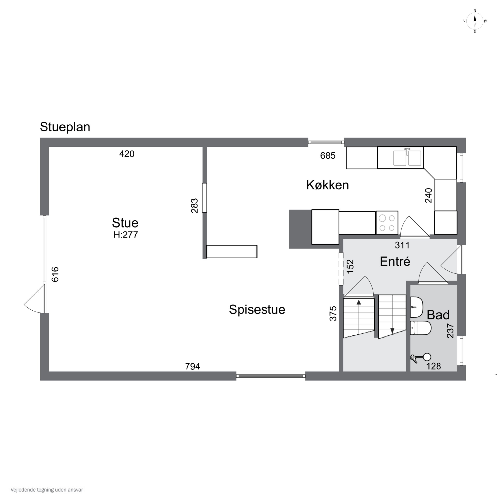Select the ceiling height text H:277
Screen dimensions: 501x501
(126, 235)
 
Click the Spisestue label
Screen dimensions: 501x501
(257, 309)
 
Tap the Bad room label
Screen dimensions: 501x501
(438, 315)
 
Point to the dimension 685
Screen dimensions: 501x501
(328, 156)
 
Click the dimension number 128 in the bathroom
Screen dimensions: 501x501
(434, 366)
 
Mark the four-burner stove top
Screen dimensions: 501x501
(387, 223)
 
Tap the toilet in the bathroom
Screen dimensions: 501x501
(420, 328)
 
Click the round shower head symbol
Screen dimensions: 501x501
(427, 357)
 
